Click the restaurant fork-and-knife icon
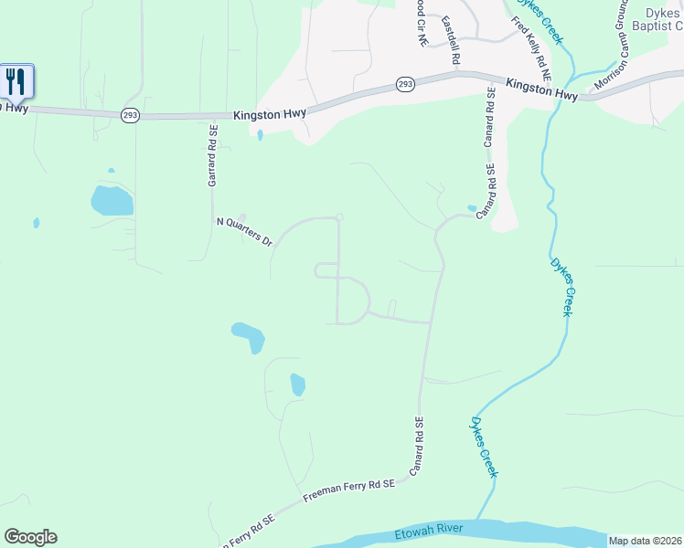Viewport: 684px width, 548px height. coord(16,80)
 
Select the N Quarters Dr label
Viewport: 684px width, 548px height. coord(244,233)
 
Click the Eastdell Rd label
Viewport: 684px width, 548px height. coord(451,39)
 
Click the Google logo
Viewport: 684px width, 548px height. coord(30,537)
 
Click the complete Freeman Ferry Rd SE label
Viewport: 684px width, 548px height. coord(348,493)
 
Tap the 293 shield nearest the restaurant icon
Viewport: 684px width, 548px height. coord(130,114)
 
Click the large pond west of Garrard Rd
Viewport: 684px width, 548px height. coord(112,200)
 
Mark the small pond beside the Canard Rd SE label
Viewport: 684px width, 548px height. coord(472,208)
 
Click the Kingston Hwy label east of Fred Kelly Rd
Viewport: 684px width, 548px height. coord(542,92)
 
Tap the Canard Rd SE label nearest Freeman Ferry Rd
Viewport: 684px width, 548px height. coord(417,446)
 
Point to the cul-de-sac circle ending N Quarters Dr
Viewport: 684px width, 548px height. coord(339,217)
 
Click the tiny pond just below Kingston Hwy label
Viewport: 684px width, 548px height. coord(260,136)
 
